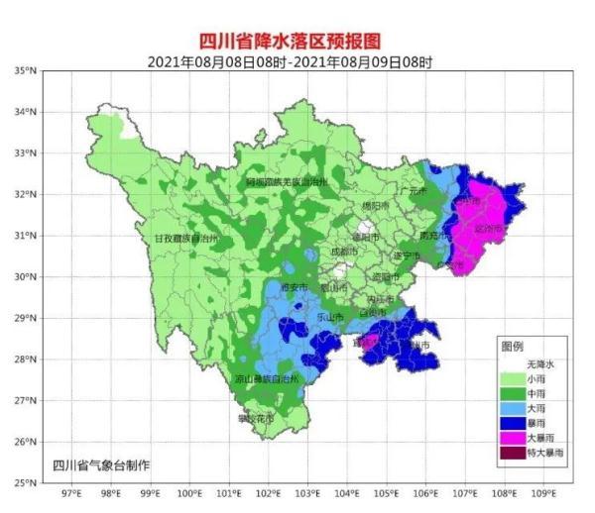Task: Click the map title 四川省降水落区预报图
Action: point(297,41)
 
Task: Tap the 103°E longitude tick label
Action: point(307,492)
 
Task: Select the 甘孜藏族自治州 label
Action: point(191,239)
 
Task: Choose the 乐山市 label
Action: point(329,317)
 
